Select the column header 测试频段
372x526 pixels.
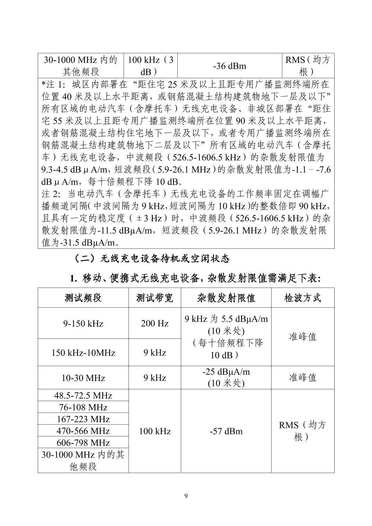pyautogui.click(x=83, y=298)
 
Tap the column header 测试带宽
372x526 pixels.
pyautogui.click(x=154, y=298)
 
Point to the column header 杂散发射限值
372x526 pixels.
pyautogui.click(x=226, y=298)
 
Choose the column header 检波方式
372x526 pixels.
pyautogui.click(x=302, y=298)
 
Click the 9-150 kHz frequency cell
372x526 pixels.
pyautogui.click(x=83, y=324)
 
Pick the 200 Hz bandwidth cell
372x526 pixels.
pyautogui.click(x=154, y=324)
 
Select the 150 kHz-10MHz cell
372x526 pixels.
pyautogui.click(x=83, y=353)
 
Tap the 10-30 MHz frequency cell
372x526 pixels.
pyautogui.click(x=83, y=378)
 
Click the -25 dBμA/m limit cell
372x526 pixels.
pyautogui.click(x=226, y=378)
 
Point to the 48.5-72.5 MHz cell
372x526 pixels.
pyautogui.click(x=83, y=396)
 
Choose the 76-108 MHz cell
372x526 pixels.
pyautogui.click(x=83, y=407)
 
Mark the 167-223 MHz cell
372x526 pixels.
pyautogui.click(x=83, y=419)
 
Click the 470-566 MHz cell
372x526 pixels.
pyautogui.click(x=83, y=431)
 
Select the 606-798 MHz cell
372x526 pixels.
pyautogui.click(x=83, y=443)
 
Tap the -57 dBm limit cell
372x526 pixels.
pyautogui.click(x=226, y=431)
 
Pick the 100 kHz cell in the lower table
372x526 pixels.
pyautogui.click(x=154, y=431)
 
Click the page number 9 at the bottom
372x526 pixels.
pyautogui.click(x=186, y=496)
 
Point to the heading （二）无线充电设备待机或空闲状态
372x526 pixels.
pyautogui.click(x=151, y=259)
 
